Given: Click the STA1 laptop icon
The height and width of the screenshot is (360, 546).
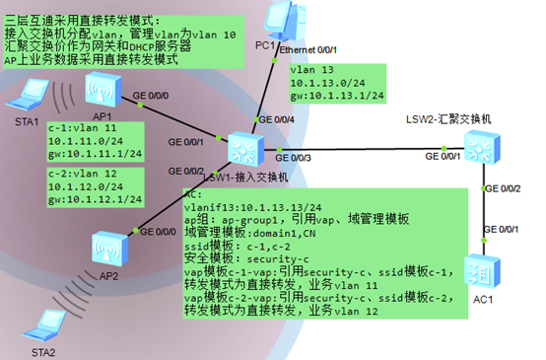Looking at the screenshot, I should click(x=26, y=98).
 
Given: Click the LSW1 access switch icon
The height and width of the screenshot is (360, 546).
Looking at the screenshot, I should click(x=242, y=149).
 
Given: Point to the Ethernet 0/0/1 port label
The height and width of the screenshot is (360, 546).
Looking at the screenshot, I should click(x=309, y=48).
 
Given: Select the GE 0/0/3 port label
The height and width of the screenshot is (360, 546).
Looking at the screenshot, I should click(x=295, y=159).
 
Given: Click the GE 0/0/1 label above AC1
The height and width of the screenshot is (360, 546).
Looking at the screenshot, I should click(x=501, y=230).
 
